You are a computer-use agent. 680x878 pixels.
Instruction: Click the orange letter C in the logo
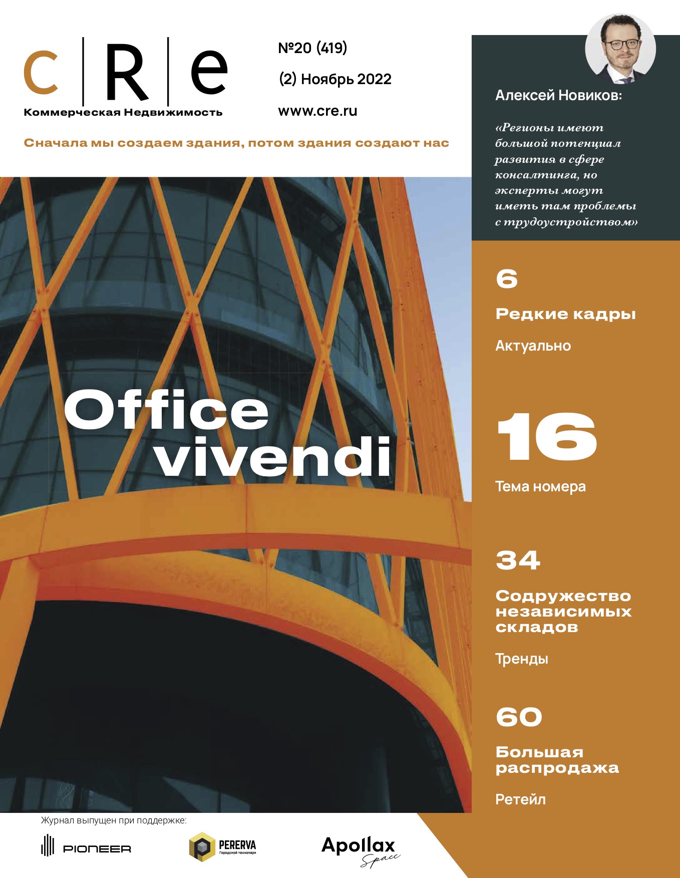(x=41, y=73)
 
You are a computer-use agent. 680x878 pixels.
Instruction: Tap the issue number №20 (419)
(x=312, y=48)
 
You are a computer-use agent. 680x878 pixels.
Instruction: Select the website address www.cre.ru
(x=317, y=111)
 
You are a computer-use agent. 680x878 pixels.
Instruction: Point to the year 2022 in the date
(x=375, y=79)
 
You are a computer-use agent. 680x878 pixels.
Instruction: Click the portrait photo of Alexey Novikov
(x=620, y=49)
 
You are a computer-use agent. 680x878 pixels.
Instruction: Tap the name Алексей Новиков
(x=558, y=95)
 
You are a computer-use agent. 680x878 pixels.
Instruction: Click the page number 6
(x=507, y=279)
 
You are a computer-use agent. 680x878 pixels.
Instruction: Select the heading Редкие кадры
(x=565, y=314)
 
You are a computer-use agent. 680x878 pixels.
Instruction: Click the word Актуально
(x=533, y=346)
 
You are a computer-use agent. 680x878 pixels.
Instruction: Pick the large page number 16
(x=546, y=437)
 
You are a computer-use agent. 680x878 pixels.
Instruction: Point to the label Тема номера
(x=540, y=487)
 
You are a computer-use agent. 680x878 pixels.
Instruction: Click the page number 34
(x=518, y=560)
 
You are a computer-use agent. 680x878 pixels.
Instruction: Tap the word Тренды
(x=522, y=659)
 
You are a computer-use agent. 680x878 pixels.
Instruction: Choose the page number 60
(x=519, y=717)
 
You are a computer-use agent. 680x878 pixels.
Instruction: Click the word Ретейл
(x=520, y=799)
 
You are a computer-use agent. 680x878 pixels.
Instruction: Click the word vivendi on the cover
(x=273, y=457)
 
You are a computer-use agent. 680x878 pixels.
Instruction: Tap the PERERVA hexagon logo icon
(x=201, y=846)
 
